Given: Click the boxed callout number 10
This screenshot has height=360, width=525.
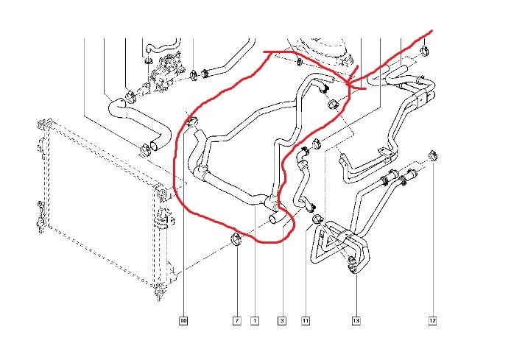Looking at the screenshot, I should coord(183,320).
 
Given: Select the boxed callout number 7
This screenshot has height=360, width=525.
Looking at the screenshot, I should coord(237,320).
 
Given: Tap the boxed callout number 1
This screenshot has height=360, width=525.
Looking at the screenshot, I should coord(255,320).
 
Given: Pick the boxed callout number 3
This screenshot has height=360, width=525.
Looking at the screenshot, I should coord(281,320).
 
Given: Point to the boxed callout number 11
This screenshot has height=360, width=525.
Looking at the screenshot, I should coord(306,320).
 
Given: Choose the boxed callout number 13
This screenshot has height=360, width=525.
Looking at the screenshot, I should coord(356,320).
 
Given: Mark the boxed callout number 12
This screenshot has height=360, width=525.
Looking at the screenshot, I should coord(433,320).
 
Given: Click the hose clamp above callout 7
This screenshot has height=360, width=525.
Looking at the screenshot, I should coord(236,238).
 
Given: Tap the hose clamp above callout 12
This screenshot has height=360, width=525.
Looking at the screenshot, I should coord(433,155).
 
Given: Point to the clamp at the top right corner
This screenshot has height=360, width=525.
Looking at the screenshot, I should coord(426,51).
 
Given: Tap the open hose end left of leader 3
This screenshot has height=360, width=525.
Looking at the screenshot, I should coord(274,219).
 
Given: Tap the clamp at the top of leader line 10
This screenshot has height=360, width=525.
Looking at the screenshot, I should coord(192,121).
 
